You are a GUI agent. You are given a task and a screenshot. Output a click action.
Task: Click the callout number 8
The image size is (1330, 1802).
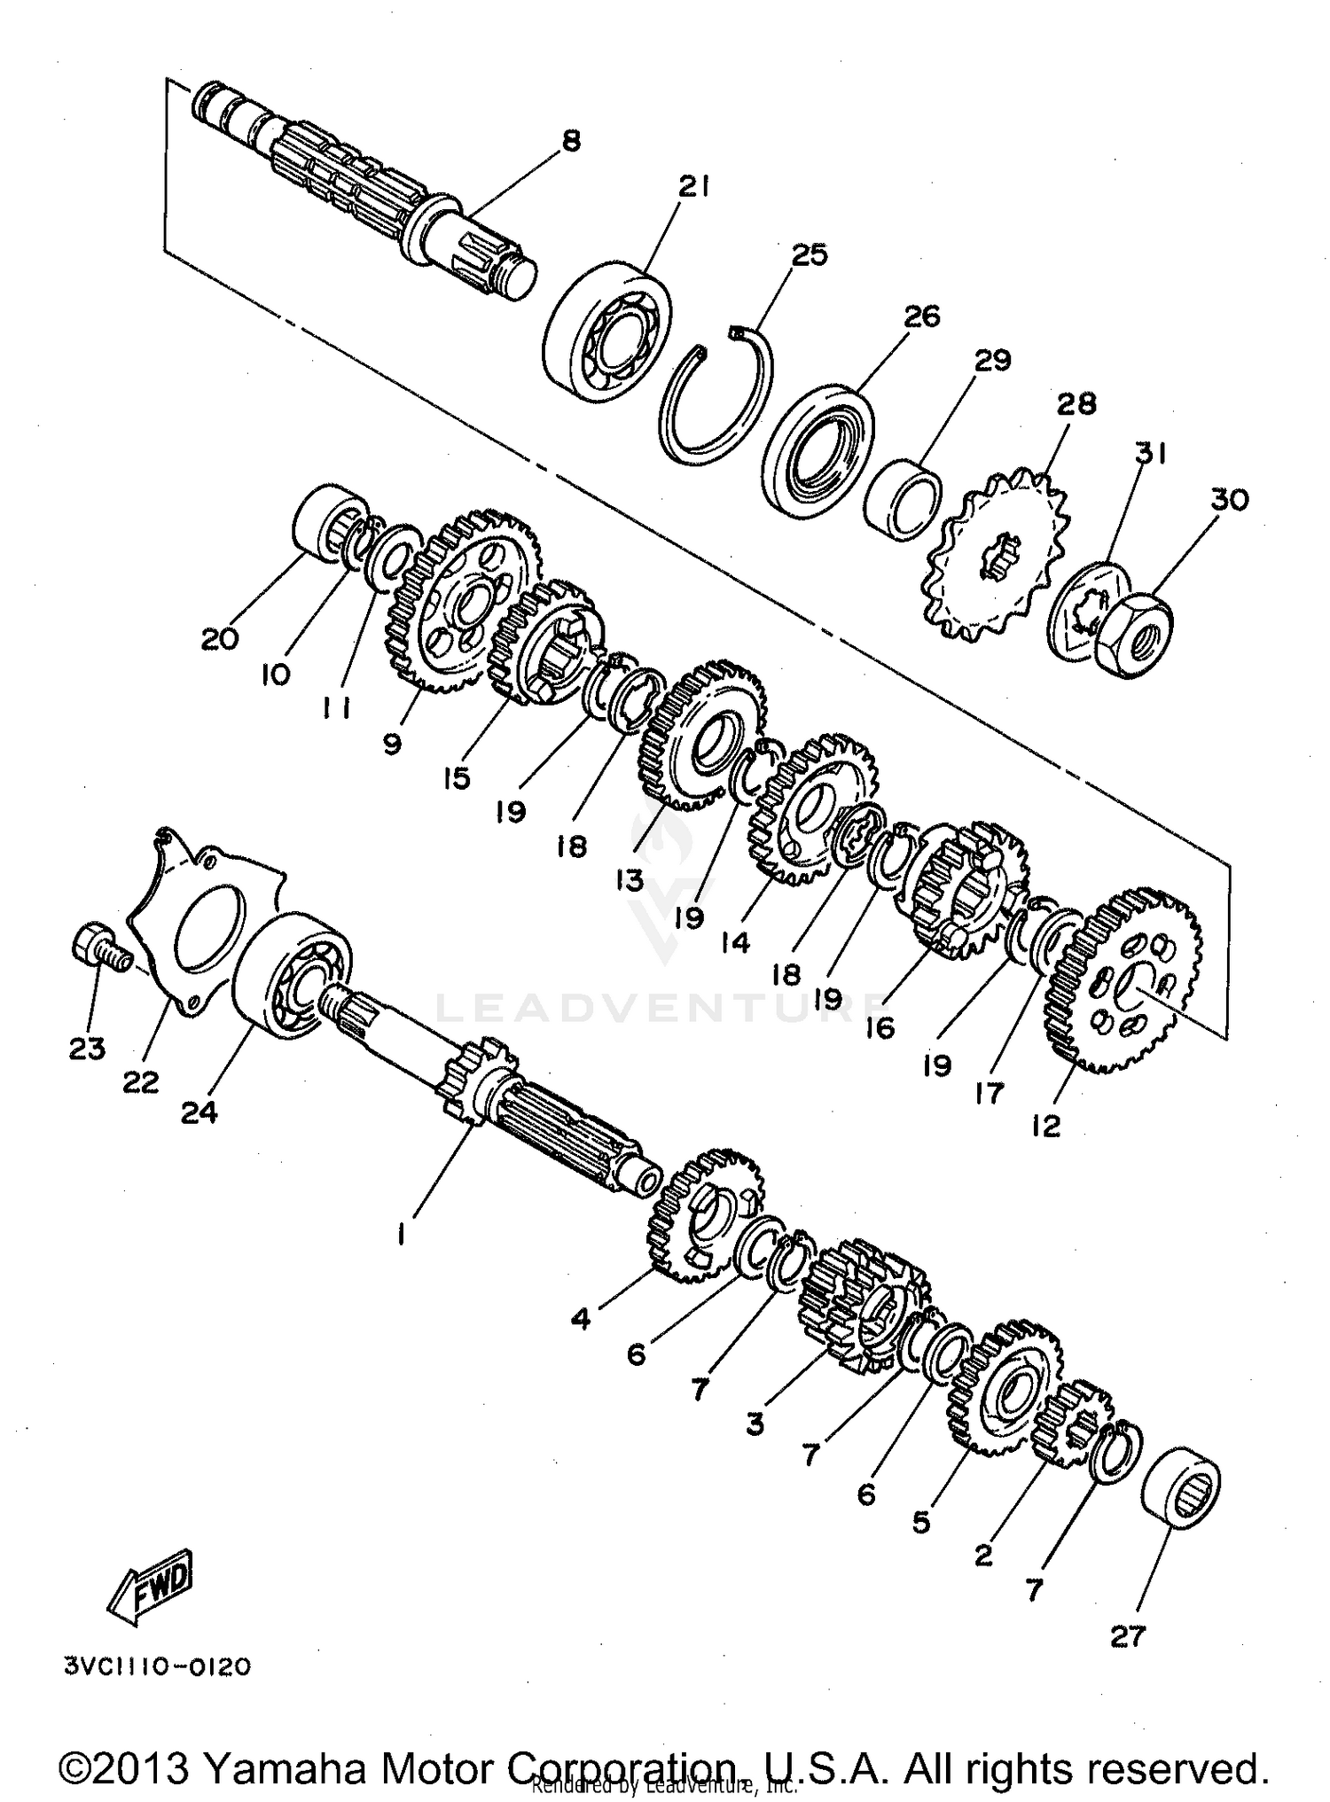tap(572, 141)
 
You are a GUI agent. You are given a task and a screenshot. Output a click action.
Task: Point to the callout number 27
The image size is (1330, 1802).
tap(1128, 1636)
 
